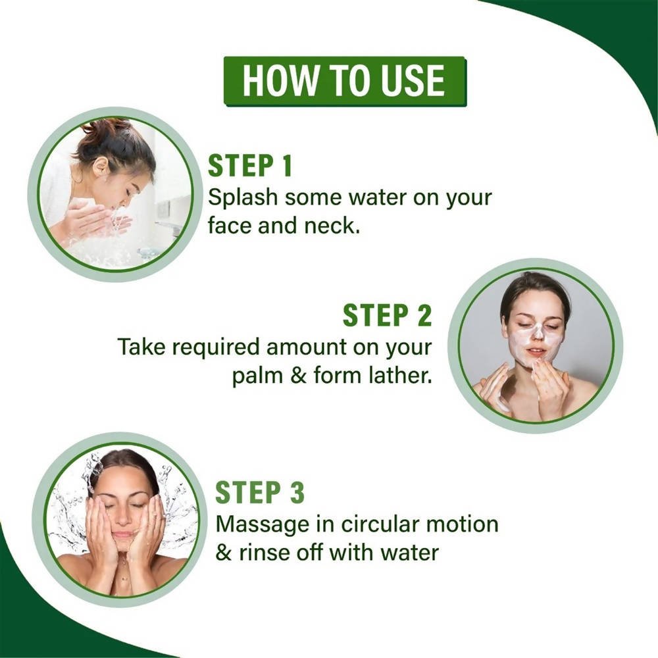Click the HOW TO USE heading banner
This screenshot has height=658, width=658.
(x=344, y=81)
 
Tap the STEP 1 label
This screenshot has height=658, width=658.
(x=250, y=166)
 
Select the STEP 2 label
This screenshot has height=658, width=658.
(x=388, y=316)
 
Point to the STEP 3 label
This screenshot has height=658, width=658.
(x=260, y=493)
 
